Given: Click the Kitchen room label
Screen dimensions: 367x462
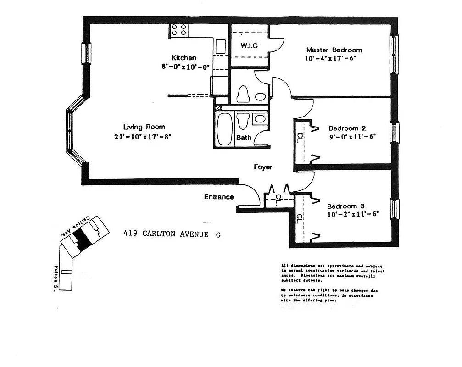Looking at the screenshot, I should [x=184, y=58].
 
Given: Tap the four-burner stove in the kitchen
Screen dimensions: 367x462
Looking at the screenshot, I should [x=179, y=30].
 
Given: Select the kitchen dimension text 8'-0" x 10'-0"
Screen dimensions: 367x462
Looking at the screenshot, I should [x=185, y=67].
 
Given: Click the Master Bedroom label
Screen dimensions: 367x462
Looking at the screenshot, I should [x=334, y=50].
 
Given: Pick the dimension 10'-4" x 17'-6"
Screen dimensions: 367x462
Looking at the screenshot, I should [x=330, y=59].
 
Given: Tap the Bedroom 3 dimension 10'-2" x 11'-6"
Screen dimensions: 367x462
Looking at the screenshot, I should [x=352, y=214].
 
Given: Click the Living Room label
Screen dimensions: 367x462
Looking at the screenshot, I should [x=144, y=127].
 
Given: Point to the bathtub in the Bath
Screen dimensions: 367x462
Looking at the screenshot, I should [x=225, y=128].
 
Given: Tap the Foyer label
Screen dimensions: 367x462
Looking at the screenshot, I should [x=263, y=167].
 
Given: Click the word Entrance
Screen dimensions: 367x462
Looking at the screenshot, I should [x=219, y=197].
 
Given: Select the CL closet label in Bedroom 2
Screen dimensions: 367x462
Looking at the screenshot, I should [x=299, y=137].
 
